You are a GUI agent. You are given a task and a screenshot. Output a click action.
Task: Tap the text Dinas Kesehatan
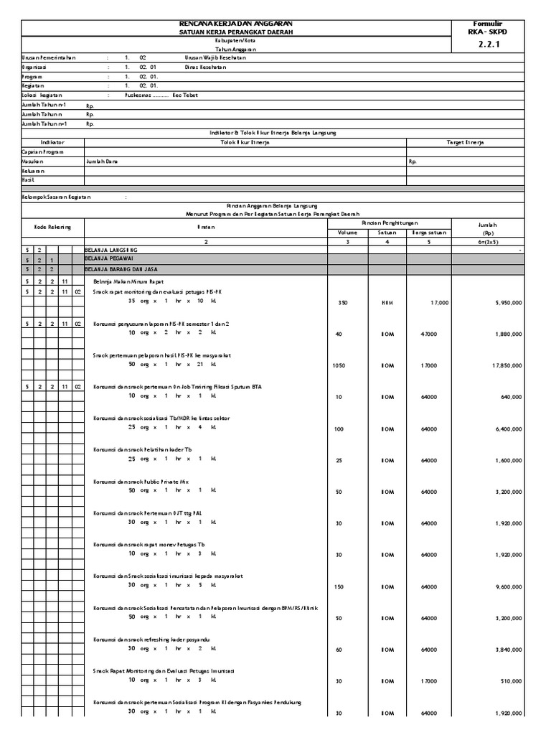click(205, 67)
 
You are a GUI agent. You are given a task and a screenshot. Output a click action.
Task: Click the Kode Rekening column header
click(52, 227)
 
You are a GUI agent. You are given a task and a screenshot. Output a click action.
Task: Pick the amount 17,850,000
click(506, 365)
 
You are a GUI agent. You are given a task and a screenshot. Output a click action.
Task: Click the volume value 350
click(342, 304)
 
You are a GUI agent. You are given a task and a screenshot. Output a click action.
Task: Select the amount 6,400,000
click(507, 429)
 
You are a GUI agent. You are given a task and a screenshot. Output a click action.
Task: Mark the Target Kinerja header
click(465, 142)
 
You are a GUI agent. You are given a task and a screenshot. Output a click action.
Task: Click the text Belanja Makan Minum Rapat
click(131, 281)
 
